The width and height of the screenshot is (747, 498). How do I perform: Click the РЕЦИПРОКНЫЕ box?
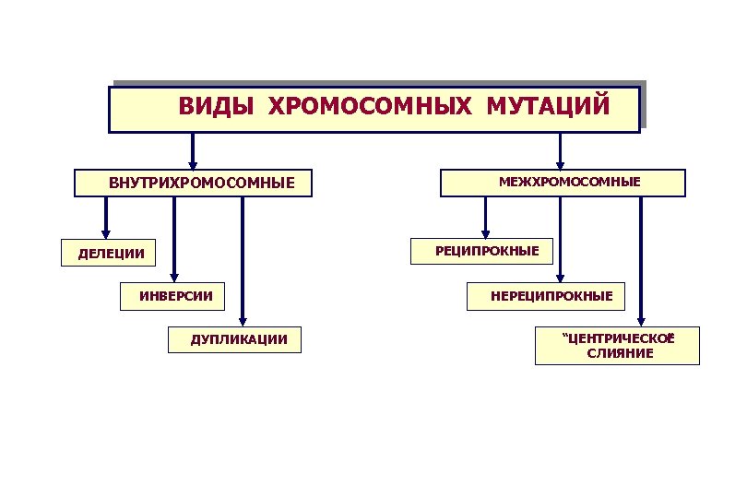(x=487, y=250)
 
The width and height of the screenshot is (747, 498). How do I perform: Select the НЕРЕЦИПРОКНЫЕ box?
(x=551, y=296)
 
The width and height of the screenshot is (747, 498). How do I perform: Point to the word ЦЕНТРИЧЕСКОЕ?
(x=620, y=338)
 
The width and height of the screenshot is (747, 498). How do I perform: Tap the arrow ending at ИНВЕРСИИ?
(x=175, y=240)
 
